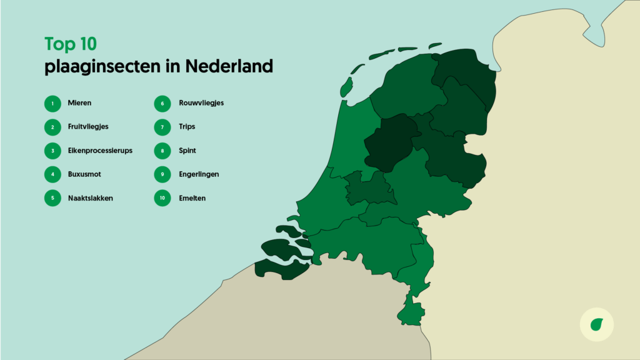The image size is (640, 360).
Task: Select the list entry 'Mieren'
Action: [80, 103]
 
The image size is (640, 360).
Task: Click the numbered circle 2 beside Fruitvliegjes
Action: [52, 127]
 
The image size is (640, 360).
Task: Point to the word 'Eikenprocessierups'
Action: [100, 151]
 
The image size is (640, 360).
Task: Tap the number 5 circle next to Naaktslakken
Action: [52, 198]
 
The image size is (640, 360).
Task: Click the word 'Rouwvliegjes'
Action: [201, 103]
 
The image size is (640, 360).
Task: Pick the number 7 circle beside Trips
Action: [162, 127]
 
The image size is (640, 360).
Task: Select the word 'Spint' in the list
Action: [187, 151]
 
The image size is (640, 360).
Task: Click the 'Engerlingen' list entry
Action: [198, 174]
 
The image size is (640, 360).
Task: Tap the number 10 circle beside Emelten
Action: [162, 198]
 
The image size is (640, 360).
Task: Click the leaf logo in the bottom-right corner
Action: [597, 325]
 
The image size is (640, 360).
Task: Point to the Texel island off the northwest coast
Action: [346, 88]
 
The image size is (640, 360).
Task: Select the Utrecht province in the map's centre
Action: [369, 188]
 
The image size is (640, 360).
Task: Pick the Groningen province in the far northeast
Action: [466, 72]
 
